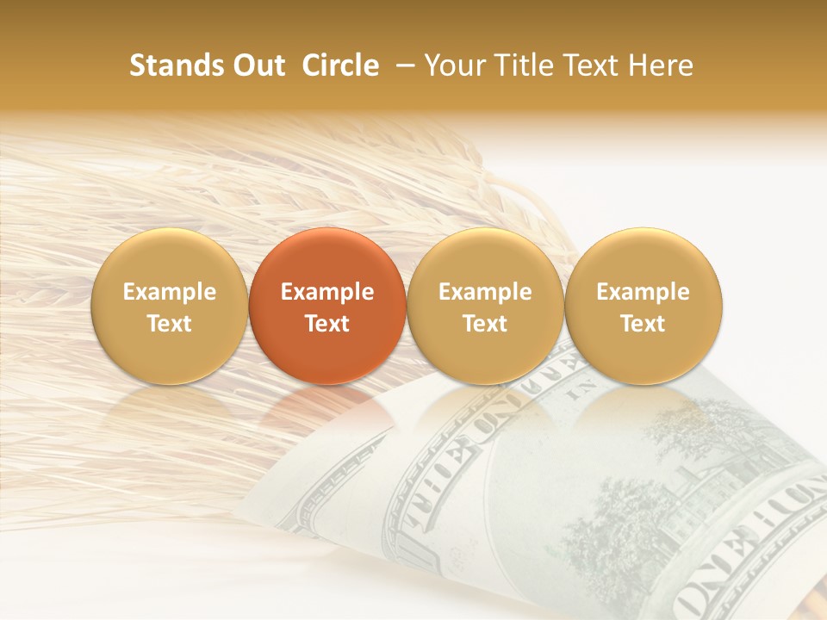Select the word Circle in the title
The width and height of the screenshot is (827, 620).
[340, 65]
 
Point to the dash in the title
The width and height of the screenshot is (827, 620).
[402, 65]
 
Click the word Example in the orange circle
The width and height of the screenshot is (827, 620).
[327, 292]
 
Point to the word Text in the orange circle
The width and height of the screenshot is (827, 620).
[327, 324]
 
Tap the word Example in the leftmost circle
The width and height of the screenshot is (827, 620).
[170, 292]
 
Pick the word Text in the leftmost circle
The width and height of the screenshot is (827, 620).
[170, 324]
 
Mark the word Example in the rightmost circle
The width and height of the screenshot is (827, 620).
[644, 292]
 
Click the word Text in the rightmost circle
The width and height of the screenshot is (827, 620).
[644, 324]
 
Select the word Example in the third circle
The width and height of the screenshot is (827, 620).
[486, 292]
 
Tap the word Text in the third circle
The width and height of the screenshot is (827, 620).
[486, 324]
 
